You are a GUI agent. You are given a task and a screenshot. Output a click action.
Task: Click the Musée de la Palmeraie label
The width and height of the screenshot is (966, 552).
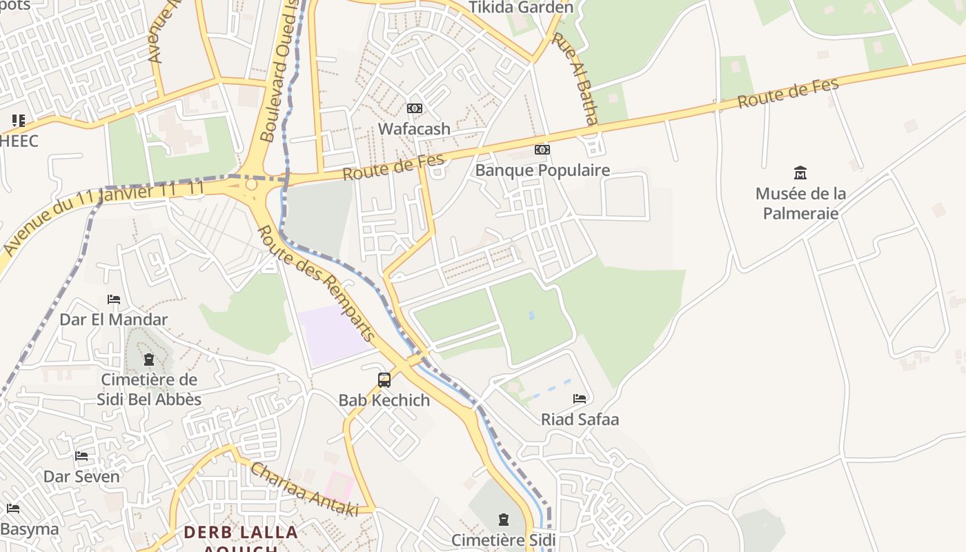(800, 203)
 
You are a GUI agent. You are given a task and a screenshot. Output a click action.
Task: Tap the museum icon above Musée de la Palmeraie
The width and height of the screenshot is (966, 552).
(800, 172)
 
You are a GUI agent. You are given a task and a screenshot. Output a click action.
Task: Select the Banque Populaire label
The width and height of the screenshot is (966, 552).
(542, 170)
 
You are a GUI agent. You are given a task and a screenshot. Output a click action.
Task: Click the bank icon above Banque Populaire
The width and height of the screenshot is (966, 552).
(542, 150)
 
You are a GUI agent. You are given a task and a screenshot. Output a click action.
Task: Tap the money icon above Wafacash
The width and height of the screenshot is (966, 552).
(414, 108)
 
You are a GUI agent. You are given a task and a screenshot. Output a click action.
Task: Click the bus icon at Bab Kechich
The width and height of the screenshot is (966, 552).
(384, 379)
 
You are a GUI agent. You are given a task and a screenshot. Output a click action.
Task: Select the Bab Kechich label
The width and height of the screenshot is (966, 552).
(384, 400)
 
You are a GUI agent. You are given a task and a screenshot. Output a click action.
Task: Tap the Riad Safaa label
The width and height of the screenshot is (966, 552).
(580, 419)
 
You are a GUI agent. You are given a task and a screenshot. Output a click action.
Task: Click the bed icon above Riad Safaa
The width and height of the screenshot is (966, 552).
(580, 399)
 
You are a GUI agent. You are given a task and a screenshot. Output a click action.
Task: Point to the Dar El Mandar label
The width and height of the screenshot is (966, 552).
(114, 319)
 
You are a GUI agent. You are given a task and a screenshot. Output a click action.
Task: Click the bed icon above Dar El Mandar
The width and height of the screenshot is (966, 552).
(114, 299)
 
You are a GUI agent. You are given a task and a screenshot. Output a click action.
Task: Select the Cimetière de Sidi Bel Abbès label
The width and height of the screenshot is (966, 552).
(149, 389)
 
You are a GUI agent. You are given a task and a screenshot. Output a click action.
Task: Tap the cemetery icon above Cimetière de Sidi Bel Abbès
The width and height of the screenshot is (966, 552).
(149, 359)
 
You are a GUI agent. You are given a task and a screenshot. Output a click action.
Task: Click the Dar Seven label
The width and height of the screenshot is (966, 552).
(81, 476)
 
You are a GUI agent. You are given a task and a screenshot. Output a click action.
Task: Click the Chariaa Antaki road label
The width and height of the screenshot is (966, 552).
(304, 489)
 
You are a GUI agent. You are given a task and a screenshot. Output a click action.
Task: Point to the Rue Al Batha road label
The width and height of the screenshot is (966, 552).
(582, 79)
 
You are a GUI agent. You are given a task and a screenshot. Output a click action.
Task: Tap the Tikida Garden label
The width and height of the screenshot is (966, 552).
(521, 8)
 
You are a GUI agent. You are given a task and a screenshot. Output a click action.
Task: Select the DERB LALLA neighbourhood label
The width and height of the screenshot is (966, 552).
(241, 533)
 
